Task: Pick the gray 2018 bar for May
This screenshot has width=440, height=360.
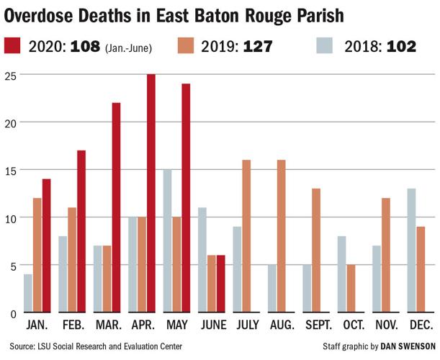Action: [167, 241]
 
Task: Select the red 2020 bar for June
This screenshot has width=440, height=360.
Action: [220, 284]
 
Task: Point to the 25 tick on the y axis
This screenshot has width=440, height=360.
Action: [9, 75]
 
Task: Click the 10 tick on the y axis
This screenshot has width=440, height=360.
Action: [9, 217]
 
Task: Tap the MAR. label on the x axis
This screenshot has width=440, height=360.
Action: [108, 325]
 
